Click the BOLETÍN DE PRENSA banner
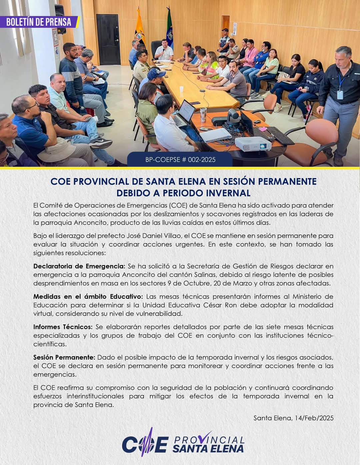click(x=39, y=22)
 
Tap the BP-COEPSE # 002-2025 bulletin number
click(x=180, y=160)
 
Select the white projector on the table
click(x=253, y=144)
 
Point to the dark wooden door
click(x=108, y=39)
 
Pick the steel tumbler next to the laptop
click(x=203, y=115)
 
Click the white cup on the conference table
click(x=181, y=90)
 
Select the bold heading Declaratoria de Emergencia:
click(x=79, y=266)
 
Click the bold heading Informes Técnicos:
click(x=63, y=327)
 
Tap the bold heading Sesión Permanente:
click(x=64, y=357)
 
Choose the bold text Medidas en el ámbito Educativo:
click(x=88, y=296)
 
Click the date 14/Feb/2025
click(x=314, y=418)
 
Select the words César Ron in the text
click(x=220, y=305)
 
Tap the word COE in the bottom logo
click(x=145, y=445)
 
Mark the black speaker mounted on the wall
click(x=60, y=18)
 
